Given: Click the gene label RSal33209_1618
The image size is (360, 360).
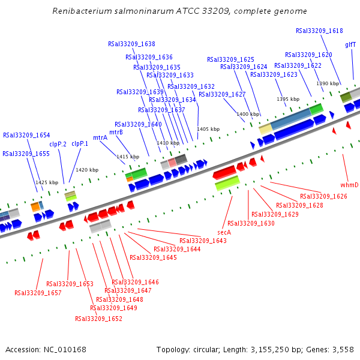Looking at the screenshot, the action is (319, 31).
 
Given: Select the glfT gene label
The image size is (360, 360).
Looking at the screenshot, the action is (350, 45).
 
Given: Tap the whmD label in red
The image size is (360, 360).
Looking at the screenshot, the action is (349, 185).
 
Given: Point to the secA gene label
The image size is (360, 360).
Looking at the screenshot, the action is (224, 232).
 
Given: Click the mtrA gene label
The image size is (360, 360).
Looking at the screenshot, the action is (100, 137).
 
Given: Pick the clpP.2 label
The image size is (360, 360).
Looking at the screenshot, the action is (58, 144).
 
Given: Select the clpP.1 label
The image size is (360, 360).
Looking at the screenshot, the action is (80, 143).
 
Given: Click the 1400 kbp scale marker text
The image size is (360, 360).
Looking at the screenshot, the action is (247, 114).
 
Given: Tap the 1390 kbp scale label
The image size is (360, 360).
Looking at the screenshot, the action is (328, 84).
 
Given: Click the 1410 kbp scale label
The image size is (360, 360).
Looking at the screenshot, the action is (168, 143).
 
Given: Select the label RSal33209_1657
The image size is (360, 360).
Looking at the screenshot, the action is (38, 293).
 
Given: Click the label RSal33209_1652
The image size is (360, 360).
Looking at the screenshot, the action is (98, 319).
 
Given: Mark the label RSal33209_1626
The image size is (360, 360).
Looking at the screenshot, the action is (323, 196).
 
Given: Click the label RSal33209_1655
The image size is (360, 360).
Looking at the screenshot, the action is (26, 154).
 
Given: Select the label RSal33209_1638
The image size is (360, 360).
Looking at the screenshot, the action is (131, 44).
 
